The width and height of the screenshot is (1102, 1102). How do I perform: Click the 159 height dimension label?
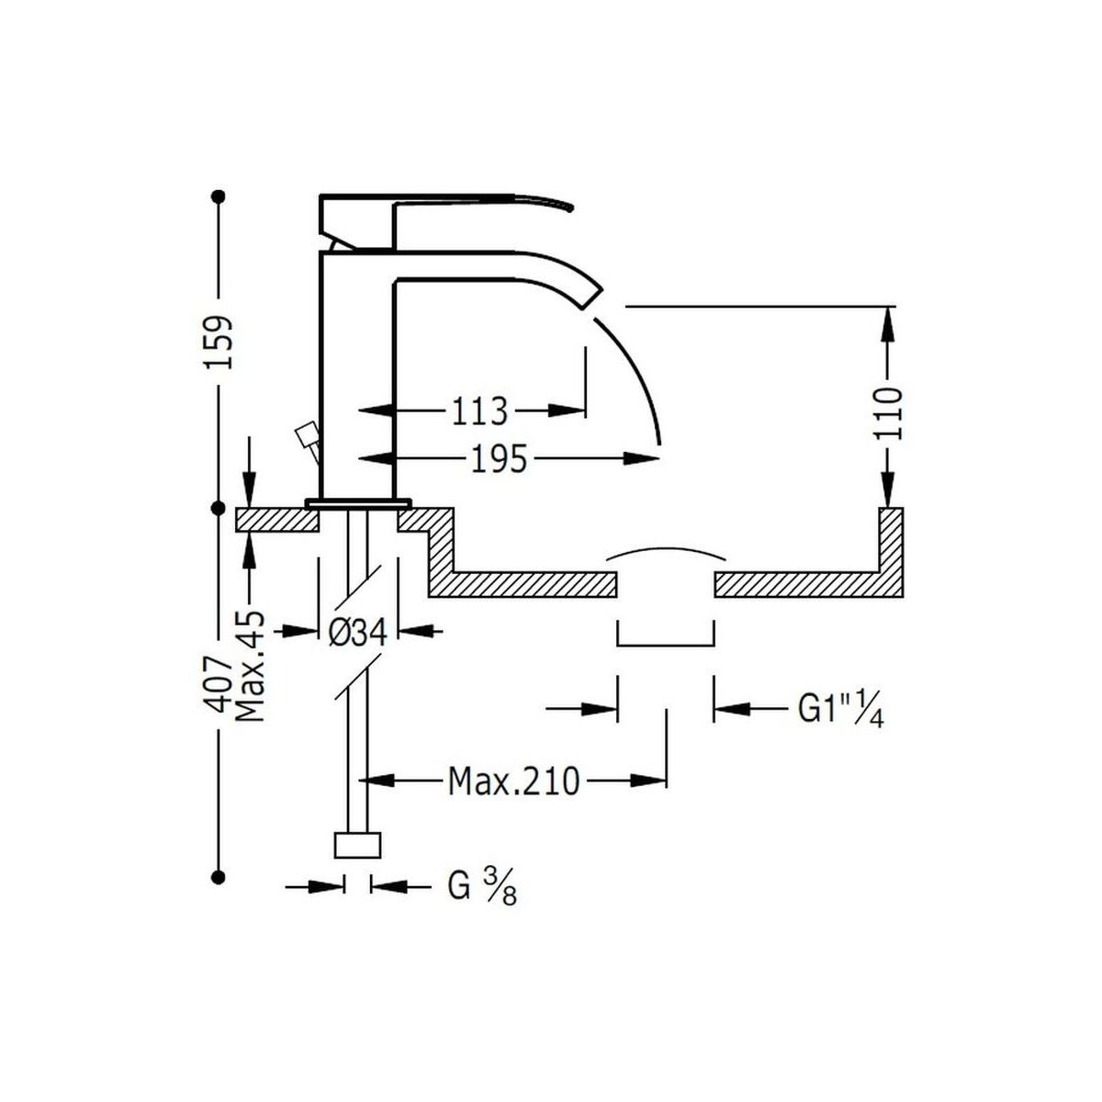(219, 342)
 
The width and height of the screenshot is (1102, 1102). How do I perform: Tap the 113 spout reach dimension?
(478, 410)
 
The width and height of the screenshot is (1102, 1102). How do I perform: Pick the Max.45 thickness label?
(250, 666)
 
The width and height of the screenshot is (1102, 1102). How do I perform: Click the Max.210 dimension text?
(513, 782)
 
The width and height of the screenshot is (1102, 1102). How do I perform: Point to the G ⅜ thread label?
(481, 887)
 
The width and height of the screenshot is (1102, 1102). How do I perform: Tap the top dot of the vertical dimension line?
(219, 196)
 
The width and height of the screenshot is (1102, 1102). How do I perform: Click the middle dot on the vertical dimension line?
(219, 507)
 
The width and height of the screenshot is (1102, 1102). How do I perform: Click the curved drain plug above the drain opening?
(665, 556)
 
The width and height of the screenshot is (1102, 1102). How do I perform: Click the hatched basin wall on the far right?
(892, 542)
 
